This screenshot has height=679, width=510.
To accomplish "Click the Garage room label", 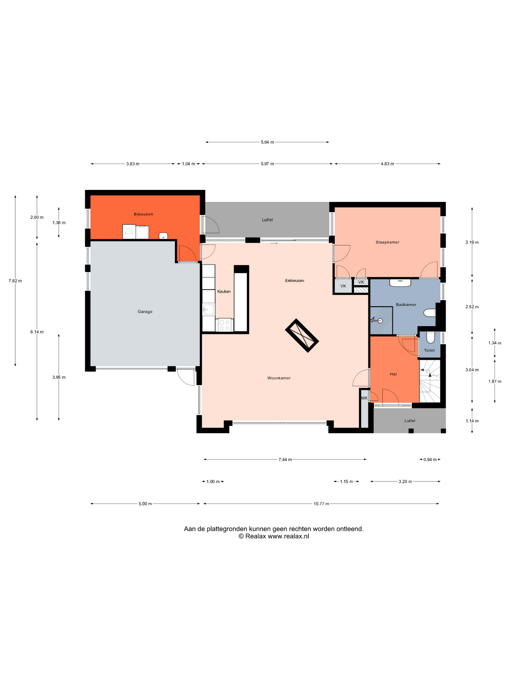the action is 145,312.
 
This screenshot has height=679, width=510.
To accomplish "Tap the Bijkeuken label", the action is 143,214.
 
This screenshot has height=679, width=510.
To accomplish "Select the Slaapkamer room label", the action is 387,242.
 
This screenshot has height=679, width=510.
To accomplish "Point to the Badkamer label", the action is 406,305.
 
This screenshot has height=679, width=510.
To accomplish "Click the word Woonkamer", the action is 279,378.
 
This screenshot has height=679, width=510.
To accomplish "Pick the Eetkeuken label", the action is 295,281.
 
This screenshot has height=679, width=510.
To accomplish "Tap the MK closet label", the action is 364,398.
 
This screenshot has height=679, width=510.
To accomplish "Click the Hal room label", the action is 393,374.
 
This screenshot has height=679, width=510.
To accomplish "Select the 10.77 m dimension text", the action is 321,504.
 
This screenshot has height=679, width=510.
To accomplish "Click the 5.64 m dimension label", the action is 267,142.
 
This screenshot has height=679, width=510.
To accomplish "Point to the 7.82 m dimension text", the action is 15,281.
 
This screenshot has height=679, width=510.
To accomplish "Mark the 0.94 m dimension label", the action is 430,460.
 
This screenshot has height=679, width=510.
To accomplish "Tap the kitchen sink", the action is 208,310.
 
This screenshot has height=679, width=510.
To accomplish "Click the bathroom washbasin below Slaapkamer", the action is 400,283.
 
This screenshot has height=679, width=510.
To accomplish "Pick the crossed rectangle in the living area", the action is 302,336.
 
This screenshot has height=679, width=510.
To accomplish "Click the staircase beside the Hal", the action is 430,381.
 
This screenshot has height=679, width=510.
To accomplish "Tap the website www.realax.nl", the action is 288,536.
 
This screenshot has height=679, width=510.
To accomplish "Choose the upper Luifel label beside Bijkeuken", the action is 267,220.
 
